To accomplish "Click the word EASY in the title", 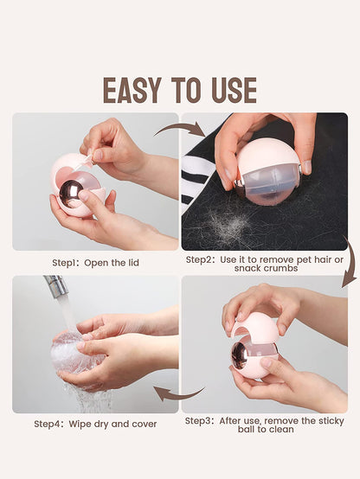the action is click(132, 90).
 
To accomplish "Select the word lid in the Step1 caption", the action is click(133, 263).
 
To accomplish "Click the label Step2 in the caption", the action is click(199, 259).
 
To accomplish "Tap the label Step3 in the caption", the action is click(198, 421).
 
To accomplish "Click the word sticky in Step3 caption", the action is click(331, 421).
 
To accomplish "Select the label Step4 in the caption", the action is click(47, 424).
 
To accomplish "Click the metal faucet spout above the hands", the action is click(56, 285).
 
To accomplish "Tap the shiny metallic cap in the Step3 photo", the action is click(240, 355).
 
